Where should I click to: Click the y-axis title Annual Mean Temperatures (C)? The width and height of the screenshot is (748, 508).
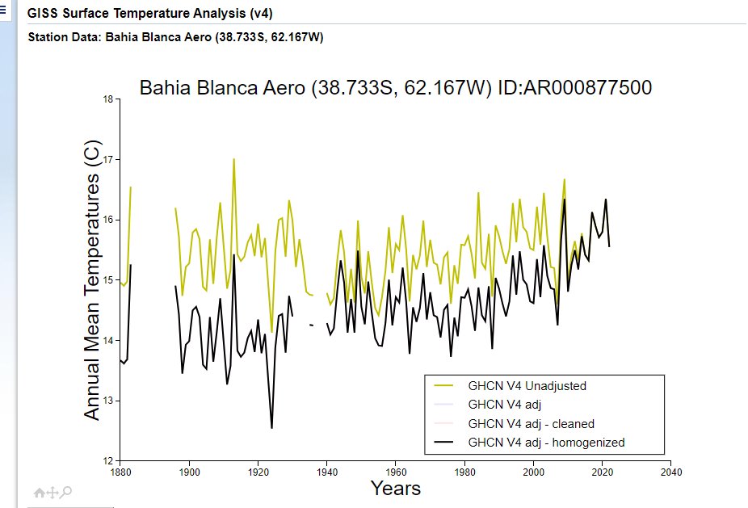(x=93, y=280)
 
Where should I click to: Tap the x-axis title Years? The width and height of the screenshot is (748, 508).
(x=396, y=488)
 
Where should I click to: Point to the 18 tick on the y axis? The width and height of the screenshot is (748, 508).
(x=108, y=99)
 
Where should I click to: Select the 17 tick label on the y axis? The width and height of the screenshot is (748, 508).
(x=108, y=160)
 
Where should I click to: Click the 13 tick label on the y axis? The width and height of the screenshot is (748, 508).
(x=108, y=401)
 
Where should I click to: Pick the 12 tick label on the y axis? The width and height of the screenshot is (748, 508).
(x=108, y=460)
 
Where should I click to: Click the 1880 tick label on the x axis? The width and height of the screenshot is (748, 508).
(x=120, y=472)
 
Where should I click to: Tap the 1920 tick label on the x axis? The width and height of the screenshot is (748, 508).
(x=258, y=472)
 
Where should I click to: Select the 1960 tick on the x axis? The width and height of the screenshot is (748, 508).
(x=395, y=472)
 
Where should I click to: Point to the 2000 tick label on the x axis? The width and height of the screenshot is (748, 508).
(x=533, y=472)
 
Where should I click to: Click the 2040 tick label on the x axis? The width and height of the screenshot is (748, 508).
(x=670, y=472)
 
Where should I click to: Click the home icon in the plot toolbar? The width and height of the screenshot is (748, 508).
(x=39, y=491)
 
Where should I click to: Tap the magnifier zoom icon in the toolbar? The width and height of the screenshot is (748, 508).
(x=67, y=491)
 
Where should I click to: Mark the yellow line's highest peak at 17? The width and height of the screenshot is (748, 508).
(x=234, y=159)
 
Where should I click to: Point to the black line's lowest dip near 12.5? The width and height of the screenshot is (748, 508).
(x=271, y=428)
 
